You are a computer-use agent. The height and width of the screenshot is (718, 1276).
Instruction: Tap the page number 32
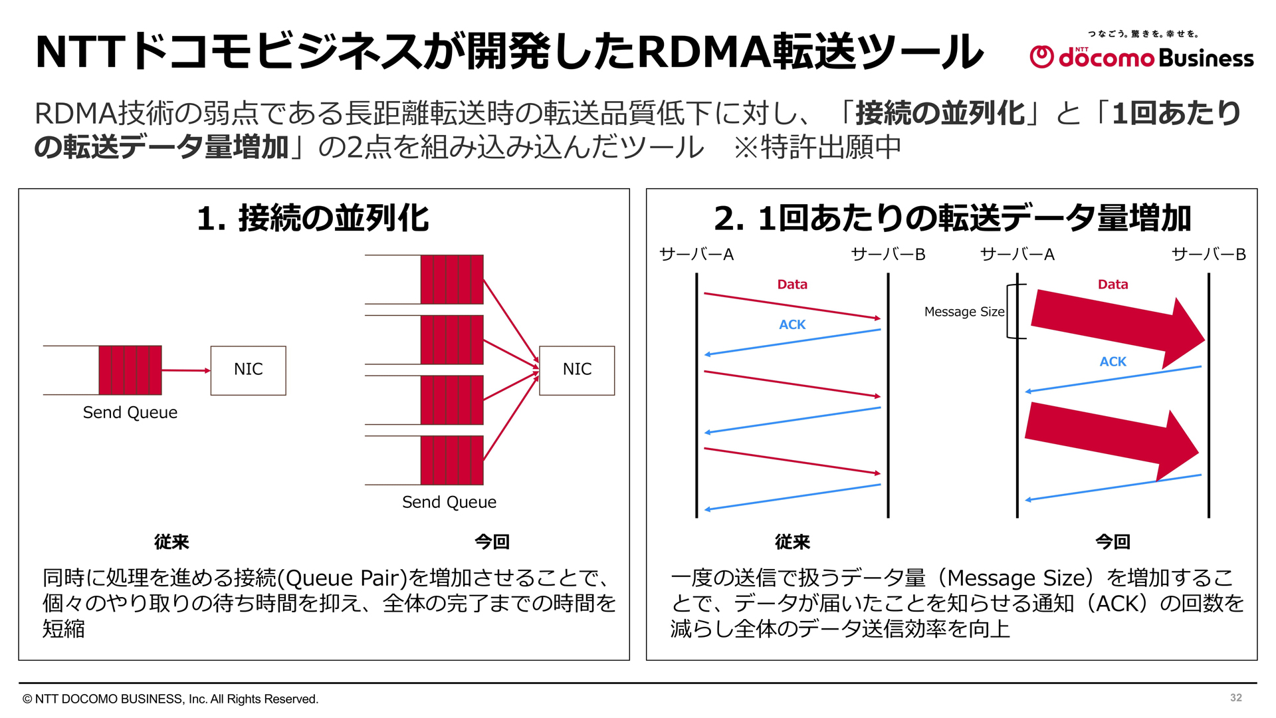tap(1235, 697)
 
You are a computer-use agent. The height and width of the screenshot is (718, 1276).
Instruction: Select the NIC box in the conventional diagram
tap(248, 370)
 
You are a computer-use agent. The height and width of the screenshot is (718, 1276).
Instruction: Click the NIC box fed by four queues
tap(577, 370)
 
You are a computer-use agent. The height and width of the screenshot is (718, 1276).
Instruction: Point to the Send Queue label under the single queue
tap(130, 413)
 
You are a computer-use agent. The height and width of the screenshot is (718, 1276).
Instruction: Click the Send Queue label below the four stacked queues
tap(449, 503)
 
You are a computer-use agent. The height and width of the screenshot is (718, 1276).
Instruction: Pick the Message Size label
tap(964, 312)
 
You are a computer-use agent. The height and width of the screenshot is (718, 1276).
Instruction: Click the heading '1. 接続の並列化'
tap(313, 218)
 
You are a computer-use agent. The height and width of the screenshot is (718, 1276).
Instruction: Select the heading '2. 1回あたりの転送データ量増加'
tap(952, 218)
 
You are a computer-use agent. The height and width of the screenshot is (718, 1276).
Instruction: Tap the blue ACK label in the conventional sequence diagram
tap(792, 324)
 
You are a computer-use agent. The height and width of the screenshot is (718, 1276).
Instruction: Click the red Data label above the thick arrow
tap(1113, 285)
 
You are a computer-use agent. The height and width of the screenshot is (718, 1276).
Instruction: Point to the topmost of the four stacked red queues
tap(452, 279)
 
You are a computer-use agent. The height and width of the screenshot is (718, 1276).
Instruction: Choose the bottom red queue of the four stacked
tap(452, 461)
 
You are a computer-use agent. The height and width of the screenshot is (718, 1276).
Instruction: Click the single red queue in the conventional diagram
tap(130, 370)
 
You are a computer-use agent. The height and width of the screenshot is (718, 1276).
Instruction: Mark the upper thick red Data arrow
tap(1116, 326)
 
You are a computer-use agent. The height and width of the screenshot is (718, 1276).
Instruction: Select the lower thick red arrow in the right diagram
tap(1111, 440)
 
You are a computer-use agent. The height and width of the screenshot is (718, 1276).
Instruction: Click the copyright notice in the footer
tap(171, 699)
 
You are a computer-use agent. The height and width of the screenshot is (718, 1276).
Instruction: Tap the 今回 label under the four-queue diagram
tap(492, 542)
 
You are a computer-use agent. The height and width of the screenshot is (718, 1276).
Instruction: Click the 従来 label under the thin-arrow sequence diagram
tap(792, 542)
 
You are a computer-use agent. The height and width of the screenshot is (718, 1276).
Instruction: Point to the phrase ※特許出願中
tap(817, 147)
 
